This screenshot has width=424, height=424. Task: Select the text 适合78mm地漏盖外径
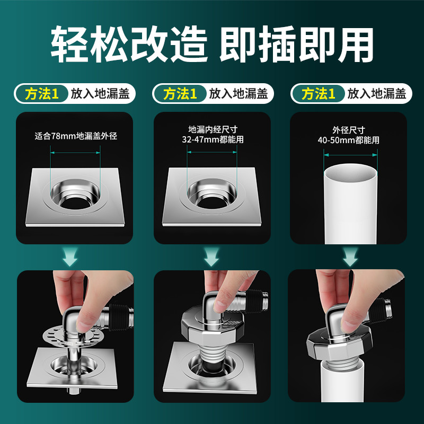point(75,136)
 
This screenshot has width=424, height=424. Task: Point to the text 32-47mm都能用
point(212,140)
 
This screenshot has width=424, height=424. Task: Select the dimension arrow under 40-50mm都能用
point(351,155)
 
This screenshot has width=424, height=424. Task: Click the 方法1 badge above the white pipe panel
point(318,94)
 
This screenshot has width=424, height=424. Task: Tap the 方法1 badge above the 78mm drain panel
point(41,94)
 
